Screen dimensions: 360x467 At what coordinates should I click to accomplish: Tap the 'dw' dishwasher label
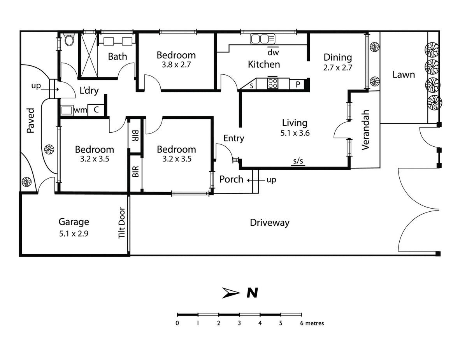[273, 51]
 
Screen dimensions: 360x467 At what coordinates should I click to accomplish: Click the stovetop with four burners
[273, 83]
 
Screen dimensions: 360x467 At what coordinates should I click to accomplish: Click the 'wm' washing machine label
[80, 110]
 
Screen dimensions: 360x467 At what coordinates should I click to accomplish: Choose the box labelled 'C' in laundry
[95, 110]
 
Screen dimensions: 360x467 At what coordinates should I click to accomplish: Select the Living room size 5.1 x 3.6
[295, 132]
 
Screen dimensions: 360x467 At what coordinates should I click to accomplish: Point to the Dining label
[338, 58]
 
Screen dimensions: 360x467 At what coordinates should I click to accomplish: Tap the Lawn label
[404, 74]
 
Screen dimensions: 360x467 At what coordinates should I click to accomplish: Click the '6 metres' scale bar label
[313, 323]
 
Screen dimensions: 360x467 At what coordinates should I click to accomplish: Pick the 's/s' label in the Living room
[298, 161]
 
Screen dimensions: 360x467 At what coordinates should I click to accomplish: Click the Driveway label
[270, 223]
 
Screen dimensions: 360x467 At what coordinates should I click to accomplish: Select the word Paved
[31, 121]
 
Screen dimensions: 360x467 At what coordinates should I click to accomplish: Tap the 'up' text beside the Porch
[271, 180]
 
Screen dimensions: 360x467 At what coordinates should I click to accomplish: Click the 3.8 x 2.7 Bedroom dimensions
[176, 65]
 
